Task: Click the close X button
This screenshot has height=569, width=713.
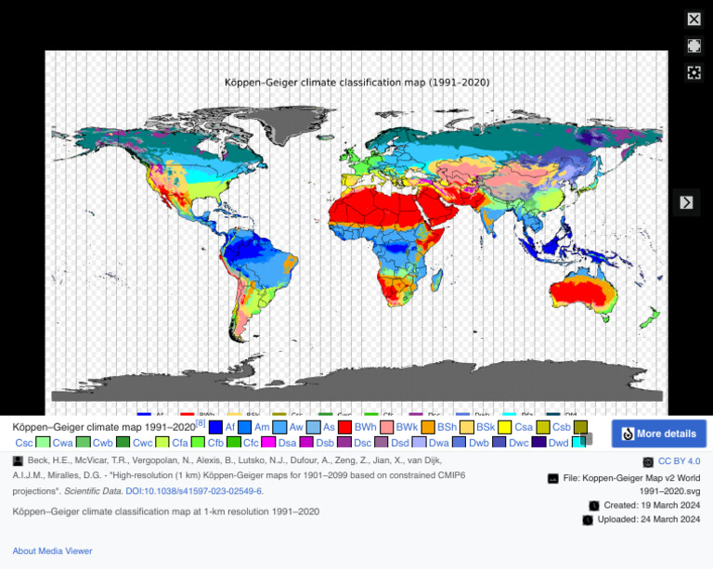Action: pyautogui.click(x=694, y=19)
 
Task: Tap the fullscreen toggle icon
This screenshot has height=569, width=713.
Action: pyautogui.click(x=694, y=45)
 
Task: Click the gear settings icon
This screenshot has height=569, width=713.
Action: pyautogui.click(x=694, y=72)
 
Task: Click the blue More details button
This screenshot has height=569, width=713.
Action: pyautogui.click(x=658, y=433)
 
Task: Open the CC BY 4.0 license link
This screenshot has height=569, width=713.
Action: pyautogui.click(x=680, y=461)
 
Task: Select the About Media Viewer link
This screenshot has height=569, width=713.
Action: pyautogui.click(x=52, y=550)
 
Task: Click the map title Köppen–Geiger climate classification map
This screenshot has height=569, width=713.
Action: pyautogui.click(x=356, y=83)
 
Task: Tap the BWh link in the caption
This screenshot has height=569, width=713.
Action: pyautogui.click(x=365, y=427)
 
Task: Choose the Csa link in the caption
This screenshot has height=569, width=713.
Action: pyautogui.click(x=525, y=427)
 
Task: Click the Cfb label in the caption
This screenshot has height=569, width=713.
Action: pyautogui.click(x=215, y=443)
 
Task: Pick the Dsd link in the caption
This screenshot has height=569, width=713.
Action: pyautogui.click(x=400, y=443)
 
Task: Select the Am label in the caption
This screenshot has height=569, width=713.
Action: pyautogui.click(x=262, y=427)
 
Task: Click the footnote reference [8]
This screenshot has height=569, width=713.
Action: pyautogui.click(x=201, y=423)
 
